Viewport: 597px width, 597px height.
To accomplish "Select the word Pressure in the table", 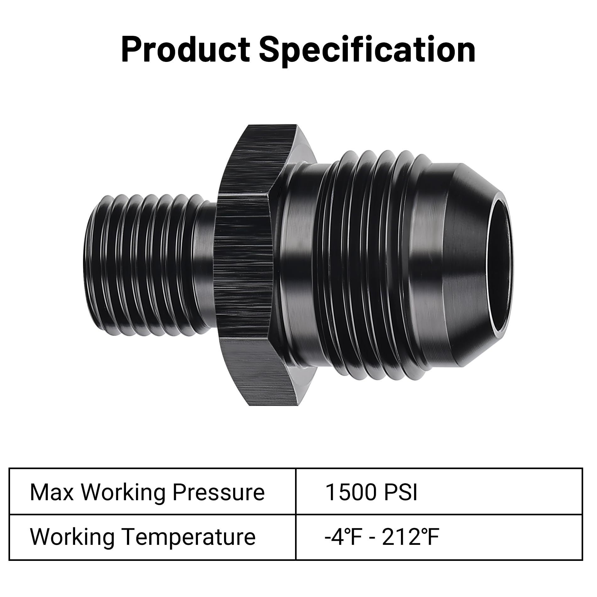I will (x=218, y=492).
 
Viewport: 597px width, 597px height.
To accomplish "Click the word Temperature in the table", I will (x=189, y=537).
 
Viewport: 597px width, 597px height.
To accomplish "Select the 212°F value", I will (x=410, y=537).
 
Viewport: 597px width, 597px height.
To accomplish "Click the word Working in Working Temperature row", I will (x=72, y=537).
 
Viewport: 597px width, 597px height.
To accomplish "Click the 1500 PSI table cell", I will (x=439, y=492).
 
